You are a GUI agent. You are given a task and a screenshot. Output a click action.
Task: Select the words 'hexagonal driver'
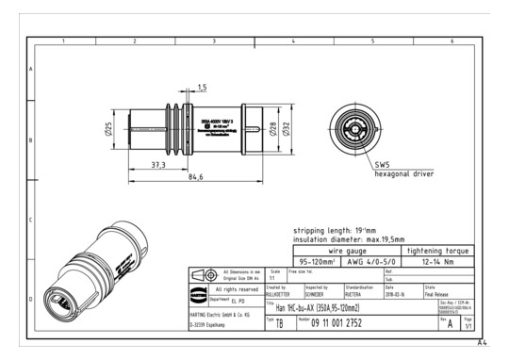(x=404, y=173)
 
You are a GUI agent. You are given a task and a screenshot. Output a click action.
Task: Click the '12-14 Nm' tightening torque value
(x=441, y=262)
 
